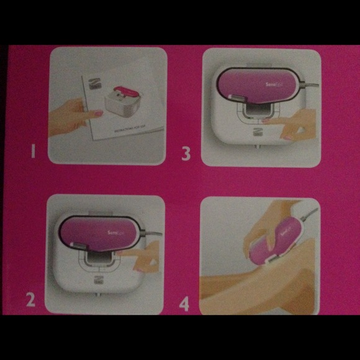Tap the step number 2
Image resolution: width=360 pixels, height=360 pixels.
(x=30, y=300)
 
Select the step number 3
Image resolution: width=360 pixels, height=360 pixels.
(x=186, y=153)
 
